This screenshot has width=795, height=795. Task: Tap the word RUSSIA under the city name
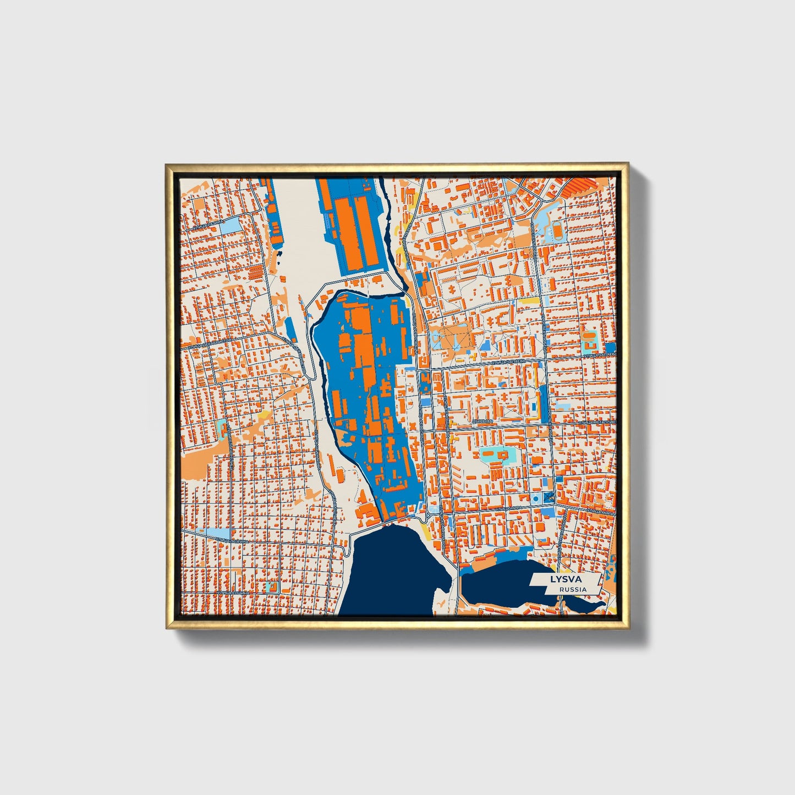click(x=572, y=589)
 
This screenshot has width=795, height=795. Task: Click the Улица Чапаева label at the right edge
click(x=600, y=355)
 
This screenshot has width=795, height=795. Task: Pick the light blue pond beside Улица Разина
click(x=230, y=223)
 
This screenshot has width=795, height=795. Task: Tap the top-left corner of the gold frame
click(x=166, y=164)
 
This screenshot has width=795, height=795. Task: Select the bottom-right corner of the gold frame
click(x=628, y=628)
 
